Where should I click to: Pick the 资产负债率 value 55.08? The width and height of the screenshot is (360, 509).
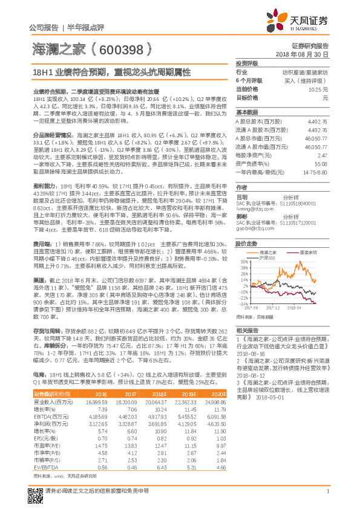(321, 163)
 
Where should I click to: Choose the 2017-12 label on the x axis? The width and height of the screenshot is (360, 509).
(273, 308)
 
